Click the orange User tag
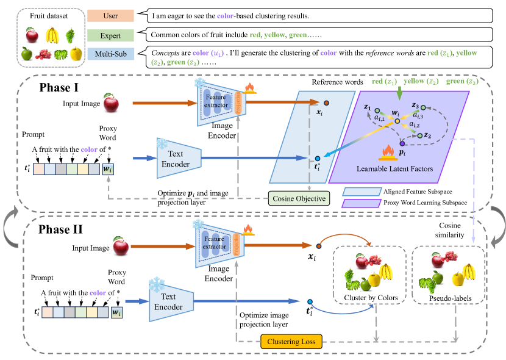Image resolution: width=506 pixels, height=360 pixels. coord(110,14)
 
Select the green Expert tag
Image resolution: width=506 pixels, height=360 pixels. coord(110,35)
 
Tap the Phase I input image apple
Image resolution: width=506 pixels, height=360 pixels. coord(111,103)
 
